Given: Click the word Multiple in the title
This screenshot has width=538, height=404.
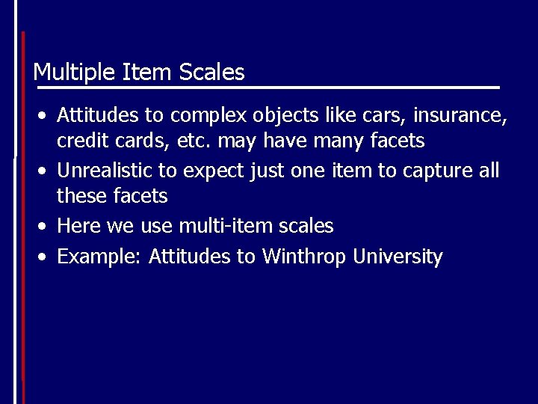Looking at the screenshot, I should coord(69,73).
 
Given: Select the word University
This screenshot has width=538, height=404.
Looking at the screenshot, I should coord(398,257).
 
